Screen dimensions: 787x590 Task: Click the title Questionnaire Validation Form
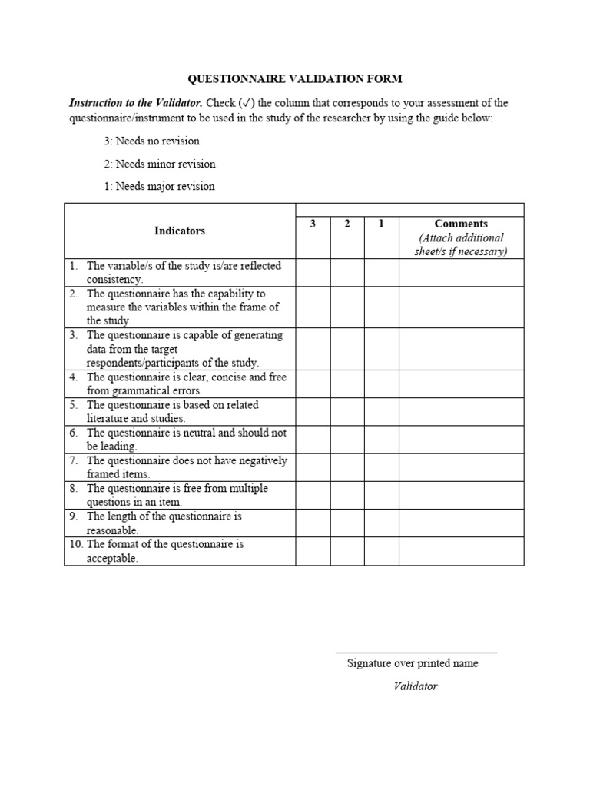295,78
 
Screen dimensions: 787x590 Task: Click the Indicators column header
180,231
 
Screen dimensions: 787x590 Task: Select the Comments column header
461,224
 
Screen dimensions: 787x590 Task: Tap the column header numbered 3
313,224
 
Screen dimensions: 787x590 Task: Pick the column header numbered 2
347,224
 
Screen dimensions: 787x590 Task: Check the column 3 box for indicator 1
313,272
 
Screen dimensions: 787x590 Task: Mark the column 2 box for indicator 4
347,384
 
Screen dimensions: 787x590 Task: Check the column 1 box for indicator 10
382,551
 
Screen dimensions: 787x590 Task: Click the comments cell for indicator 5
461,411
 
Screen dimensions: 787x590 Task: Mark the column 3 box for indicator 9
313,523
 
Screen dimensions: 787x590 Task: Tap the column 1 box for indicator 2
382,307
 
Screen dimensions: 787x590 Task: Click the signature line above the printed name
416,653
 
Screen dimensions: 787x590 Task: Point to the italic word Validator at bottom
416,686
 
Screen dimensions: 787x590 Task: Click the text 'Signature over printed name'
413,663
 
